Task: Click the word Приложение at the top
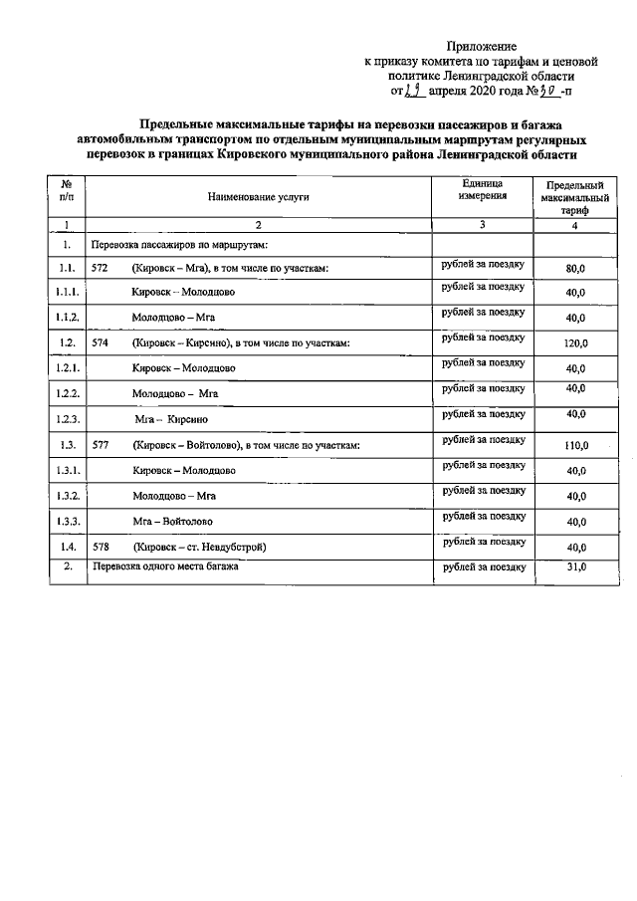482,47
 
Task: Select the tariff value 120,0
575,343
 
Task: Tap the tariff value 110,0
575,445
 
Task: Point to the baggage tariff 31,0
575,566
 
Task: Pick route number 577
100,445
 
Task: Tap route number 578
100,547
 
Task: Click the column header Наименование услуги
258,197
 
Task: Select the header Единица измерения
482,190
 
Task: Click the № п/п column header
66,191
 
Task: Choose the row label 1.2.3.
67,419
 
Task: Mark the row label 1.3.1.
67,470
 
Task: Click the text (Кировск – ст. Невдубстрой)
199,547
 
